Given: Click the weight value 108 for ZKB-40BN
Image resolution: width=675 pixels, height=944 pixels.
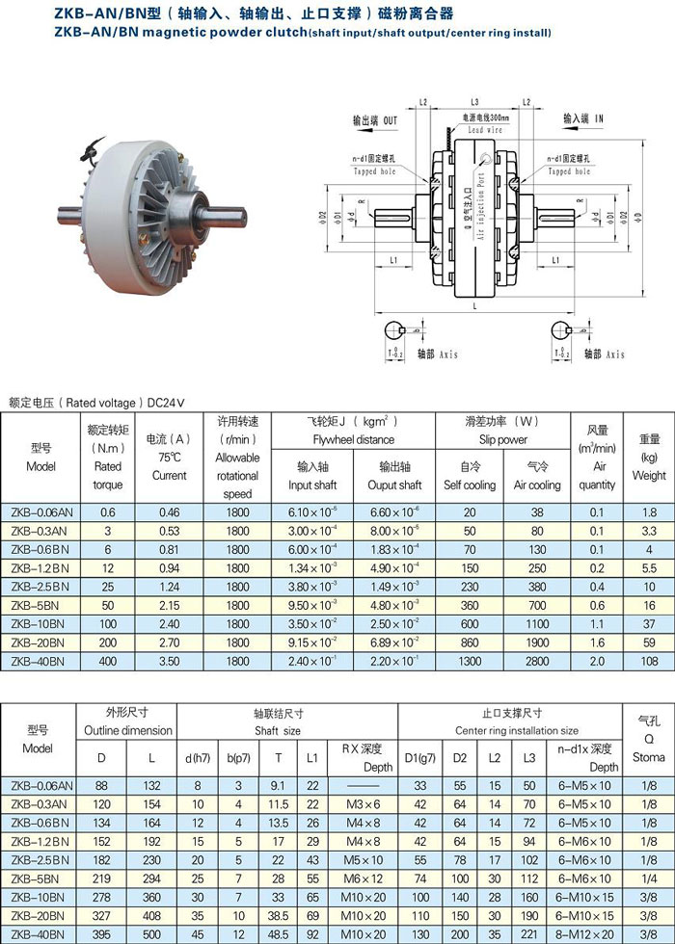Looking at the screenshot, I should (x=649, y=662).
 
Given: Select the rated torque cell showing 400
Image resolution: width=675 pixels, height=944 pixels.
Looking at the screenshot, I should (x=107, y=662).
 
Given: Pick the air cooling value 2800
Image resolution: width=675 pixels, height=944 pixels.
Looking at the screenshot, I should (x=537, y=662).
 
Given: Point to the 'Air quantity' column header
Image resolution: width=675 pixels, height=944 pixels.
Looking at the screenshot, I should (x=597, y=466).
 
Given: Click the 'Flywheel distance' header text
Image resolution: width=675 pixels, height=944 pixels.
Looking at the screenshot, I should (x=353, y=440).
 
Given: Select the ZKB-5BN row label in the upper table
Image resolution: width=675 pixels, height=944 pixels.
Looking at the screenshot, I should (x=40, y=606).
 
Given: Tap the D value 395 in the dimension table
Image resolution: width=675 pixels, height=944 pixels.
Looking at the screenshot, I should (x=101, y=932).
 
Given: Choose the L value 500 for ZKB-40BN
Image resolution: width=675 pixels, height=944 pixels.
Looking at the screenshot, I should (x=152, y=932).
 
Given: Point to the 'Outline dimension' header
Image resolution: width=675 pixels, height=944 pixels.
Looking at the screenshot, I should (x=127, y=731).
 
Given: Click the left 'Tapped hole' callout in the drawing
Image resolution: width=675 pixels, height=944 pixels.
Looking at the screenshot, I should (x=374, y=171).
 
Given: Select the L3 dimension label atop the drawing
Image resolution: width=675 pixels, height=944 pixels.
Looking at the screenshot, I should (x=474, y=101).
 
